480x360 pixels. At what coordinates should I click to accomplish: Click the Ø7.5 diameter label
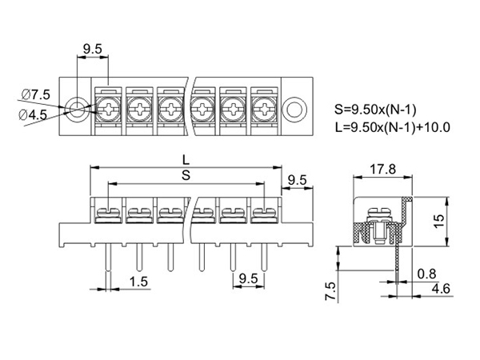(36, 94)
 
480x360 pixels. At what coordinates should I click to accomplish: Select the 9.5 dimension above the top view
(93, 50)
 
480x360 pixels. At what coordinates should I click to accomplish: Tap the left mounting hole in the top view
(78, 108)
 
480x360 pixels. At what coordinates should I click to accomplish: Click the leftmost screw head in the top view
(108, 108)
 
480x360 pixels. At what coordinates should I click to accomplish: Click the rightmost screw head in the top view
(263, 108)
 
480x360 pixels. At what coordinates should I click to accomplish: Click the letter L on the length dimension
(186, 160)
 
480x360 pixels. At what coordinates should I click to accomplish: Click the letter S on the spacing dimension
(186, 176)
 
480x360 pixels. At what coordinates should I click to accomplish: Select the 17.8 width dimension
(382, 169)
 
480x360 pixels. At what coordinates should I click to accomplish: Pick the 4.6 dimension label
(438, 288)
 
